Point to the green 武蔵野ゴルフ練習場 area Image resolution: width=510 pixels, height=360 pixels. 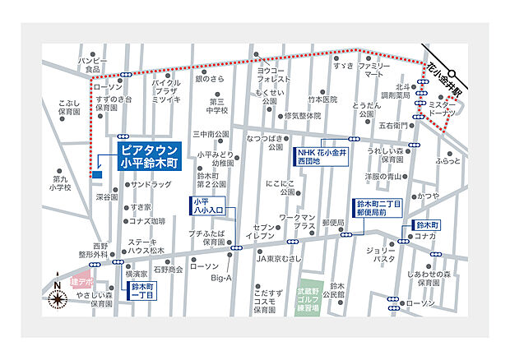[308, 302]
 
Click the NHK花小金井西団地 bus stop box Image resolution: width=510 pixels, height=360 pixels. [321, 156]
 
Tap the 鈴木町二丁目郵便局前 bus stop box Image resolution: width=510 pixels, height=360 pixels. [378, 208]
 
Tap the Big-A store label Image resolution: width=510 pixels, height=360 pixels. [222, 279]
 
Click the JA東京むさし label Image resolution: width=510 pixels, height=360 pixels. [280, 258]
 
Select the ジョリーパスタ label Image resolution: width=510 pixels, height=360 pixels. [381, 254]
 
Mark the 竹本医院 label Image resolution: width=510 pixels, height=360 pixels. [323, 99]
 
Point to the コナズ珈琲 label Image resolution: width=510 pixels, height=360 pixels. [148, 221]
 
